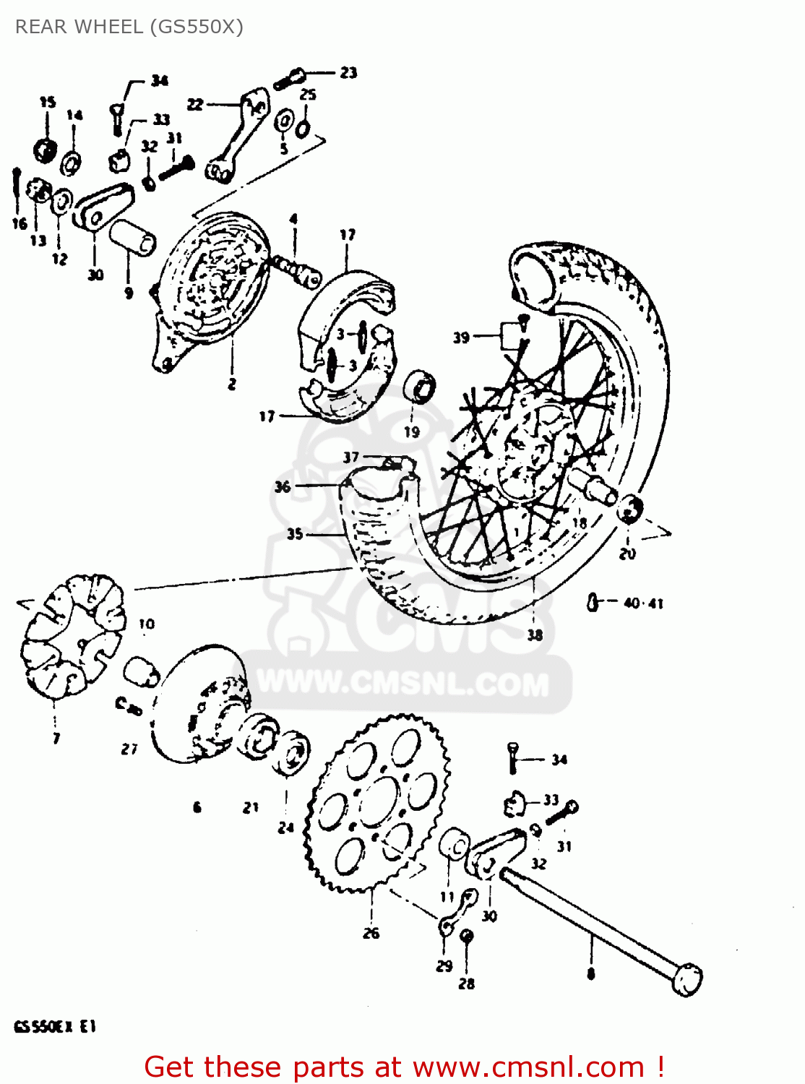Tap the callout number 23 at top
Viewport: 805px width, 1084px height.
[348, 72]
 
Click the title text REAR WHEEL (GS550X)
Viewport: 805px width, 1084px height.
[129, 27]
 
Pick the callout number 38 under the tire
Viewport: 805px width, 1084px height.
[534, 635]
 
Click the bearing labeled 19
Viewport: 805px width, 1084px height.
[419, 386]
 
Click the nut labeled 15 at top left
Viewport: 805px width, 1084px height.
[46, 150]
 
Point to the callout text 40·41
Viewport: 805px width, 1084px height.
[643, 603]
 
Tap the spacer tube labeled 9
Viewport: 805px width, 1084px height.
[132, 238]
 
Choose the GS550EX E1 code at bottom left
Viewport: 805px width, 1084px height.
[54, 1027]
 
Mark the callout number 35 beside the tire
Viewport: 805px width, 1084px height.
[295, 535]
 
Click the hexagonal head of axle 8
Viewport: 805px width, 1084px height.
[687, 979]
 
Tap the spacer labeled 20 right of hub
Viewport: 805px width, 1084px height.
[629, 508]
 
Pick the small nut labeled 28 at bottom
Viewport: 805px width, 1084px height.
[467, 936]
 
